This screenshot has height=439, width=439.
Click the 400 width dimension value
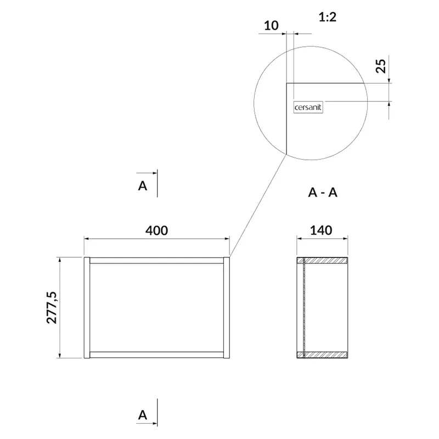[x=156, y=230]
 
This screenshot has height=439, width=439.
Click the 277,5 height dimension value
[x=52, y=307]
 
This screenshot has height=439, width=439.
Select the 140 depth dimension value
[x=321, y=230]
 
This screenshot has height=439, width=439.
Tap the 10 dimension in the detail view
[x=271, y=25]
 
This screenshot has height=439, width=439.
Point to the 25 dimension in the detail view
[x=381, y=66]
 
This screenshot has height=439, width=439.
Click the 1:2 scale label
[x=328, y=17]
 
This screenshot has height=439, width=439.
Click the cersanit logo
[x=308, y=107]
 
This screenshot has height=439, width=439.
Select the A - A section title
[x=323, y=193]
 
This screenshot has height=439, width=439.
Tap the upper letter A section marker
[x=143, y=185]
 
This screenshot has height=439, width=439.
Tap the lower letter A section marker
[x=143, y=415]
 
